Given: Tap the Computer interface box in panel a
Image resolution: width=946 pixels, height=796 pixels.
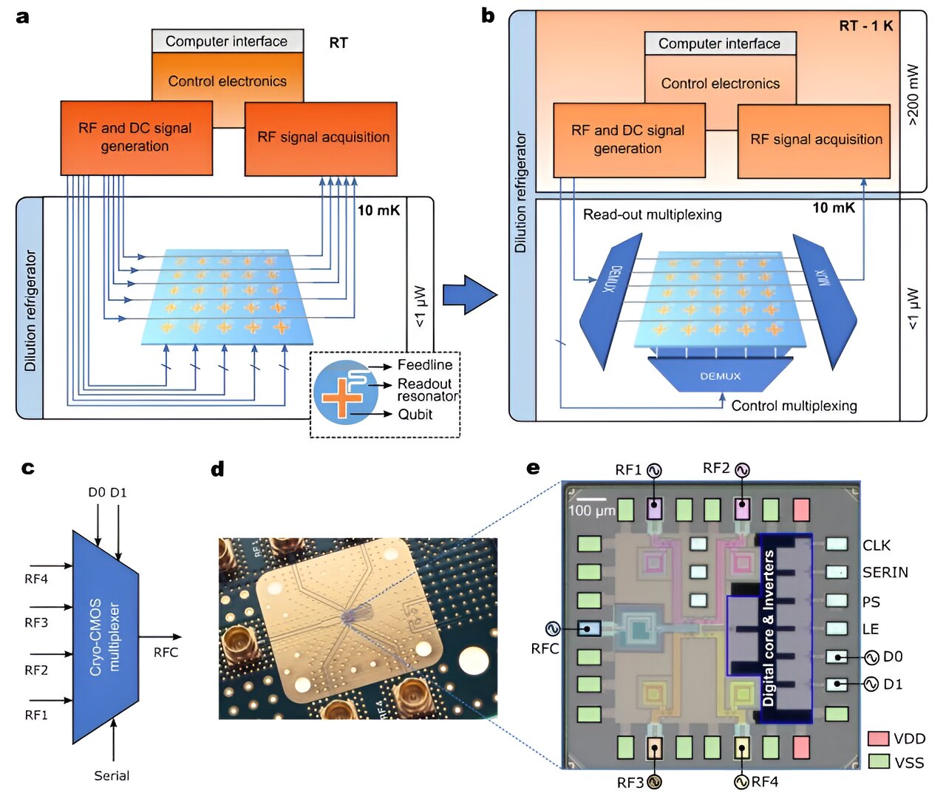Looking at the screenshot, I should pyautogui.click(x=227, y=41).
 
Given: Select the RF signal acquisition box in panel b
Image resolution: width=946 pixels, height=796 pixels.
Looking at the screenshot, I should pyautogui.click(x=815, y=140).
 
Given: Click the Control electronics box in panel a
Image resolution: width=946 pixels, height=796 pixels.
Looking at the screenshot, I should pyautogui.click(x=227, y=81).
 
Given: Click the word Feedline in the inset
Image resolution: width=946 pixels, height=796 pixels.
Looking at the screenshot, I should pyautogui.click(x=424, y=365).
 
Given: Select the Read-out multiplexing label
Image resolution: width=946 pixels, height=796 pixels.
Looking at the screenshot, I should pyautogui.click(x=652, y=214).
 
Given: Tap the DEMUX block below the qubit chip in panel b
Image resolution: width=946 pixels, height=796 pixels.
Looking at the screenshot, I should pyautogui.click(x=720, y=375).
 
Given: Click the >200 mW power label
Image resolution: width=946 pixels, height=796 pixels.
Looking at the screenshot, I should pyautogui.click(x=913, y=95).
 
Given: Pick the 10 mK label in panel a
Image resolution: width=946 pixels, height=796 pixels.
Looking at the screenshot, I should pyautogui.click(x=378, y=211).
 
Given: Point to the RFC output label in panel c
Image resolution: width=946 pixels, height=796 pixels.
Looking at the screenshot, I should pyautogui.click(x=166, y=652).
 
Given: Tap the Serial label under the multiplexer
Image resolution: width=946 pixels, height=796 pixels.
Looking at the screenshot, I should pyautogui.click(x=112, y=775).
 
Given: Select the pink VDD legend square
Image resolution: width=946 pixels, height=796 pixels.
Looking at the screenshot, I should pyautogui.click(x=878, y=738).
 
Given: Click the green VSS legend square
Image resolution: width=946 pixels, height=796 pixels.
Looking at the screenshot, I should pyautogui.click(x=878, y=761).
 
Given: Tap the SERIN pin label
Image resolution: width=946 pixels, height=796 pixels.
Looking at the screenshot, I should pyautogui.click(x=885, y=572).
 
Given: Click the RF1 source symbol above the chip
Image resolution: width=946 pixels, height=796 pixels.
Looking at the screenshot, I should pyautogui.click(x=654, y=470).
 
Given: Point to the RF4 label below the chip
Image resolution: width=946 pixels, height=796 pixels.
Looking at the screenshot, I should pyautogui.click(x=764, y=781).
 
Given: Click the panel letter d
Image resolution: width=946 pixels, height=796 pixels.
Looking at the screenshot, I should pyautogui.click(x=217, y=469).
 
